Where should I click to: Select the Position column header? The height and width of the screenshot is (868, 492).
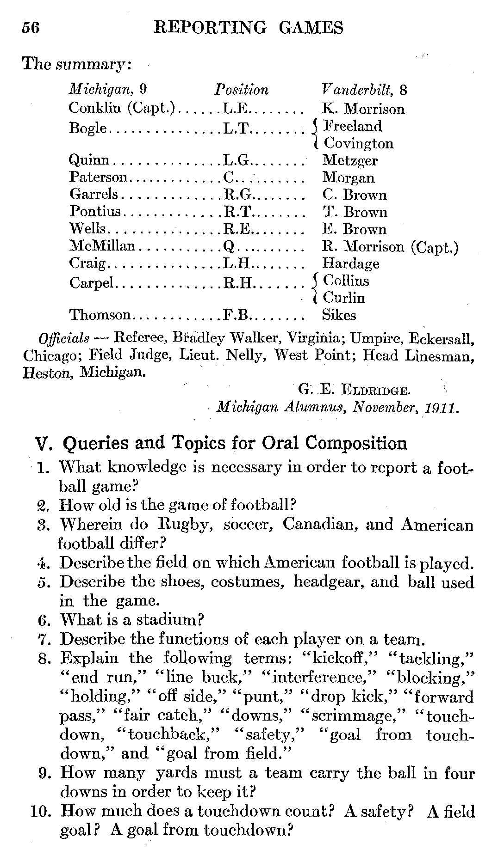[241, 89]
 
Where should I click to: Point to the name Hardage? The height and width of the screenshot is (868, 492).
[350, 263]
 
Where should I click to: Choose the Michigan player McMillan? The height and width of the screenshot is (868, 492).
[102, 246]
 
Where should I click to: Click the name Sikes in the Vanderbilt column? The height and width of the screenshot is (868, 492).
[339, 315]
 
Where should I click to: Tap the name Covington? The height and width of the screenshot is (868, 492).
[358, 143]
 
